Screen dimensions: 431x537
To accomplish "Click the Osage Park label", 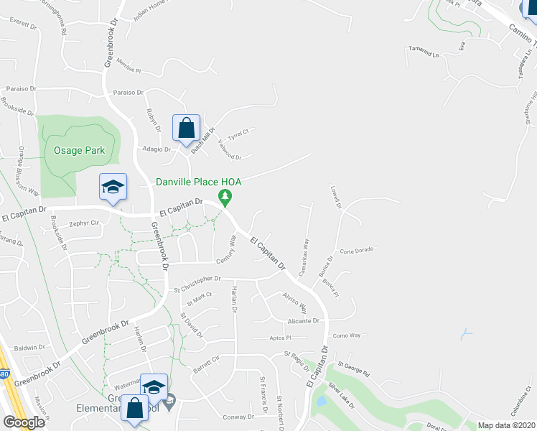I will pyautogui.click(x=79, y=150).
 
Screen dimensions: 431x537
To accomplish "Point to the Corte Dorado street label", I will pyautogui.click(x=358, y=251).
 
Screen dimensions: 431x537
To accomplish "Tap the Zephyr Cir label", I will pyautogui.click(x=83, y=223).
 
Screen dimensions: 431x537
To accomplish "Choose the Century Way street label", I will pyautogui.click(x=232, y=249).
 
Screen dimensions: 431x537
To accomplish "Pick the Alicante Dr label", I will pyautogui.click(x=303, y=321).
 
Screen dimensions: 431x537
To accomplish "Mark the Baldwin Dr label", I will pyautogui.click(x=29, y=348).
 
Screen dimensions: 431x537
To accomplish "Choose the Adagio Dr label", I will pyautogui.click(x=157, y=149).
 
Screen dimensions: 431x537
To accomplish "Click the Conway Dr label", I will pyautogui.click(x=238, y=417).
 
